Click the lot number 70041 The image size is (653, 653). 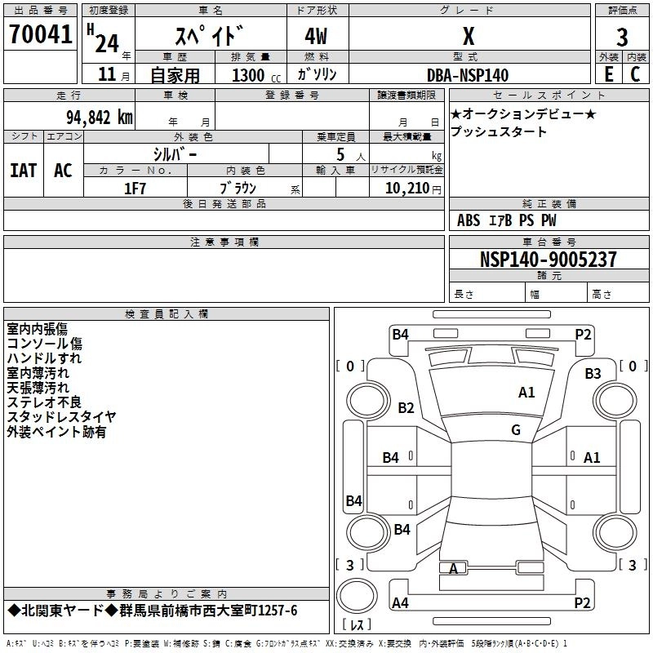41,34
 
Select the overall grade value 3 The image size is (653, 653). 622,37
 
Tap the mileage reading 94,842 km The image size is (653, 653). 100,118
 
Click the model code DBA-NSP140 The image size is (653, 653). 468,75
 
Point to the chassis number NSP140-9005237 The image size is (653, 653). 548,259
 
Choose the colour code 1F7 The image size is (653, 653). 135,189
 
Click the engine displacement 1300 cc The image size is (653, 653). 256,75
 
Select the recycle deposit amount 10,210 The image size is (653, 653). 407,189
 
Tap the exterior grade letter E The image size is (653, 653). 609,74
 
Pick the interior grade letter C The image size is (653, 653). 635,74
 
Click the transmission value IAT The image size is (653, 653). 24,171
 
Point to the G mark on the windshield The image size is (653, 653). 516,430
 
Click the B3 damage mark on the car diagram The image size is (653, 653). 593,374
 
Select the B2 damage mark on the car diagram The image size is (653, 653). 406,407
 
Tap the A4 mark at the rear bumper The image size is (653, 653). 400,602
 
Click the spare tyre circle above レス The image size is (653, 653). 357,596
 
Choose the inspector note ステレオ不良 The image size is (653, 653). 44,402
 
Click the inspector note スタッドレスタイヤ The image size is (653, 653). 62,417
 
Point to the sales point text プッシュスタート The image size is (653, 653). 499,131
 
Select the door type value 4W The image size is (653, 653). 316,36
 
